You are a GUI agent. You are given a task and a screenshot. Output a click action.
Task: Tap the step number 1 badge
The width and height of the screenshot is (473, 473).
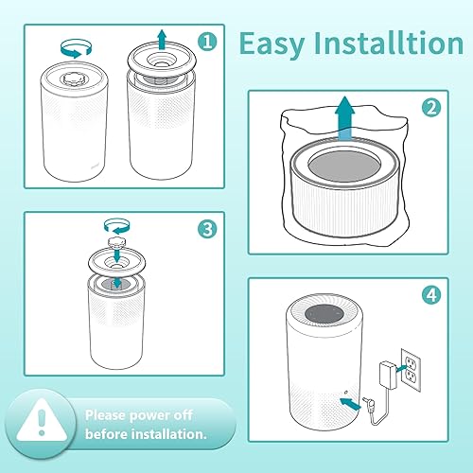click(x=207, y=42)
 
